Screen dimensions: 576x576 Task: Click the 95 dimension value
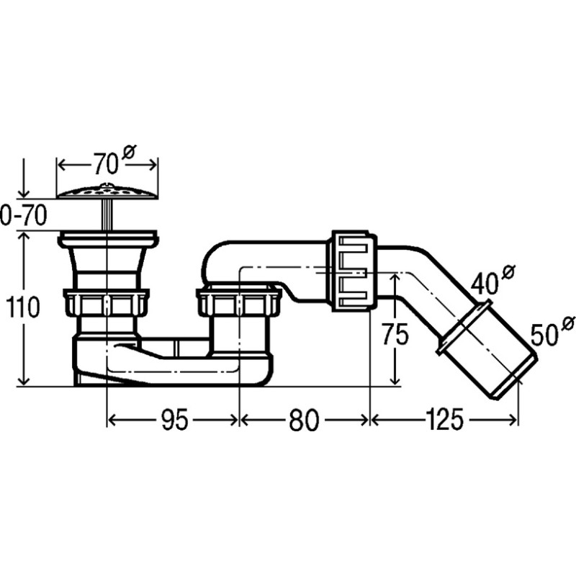coord(175,420)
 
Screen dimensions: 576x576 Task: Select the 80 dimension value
coord(304,420)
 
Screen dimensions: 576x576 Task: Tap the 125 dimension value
coord(444,420)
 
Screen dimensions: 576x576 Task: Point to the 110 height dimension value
coord(23,307)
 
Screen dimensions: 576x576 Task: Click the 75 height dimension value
coord(395,334)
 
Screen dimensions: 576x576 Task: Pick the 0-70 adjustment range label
coord(24,215)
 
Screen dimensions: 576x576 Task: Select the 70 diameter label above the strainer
coord(114,160)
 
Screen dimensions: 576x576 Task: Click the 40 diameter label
coord(493,279)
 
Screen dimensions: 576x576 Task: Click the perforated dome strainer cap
coord(107,192)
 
